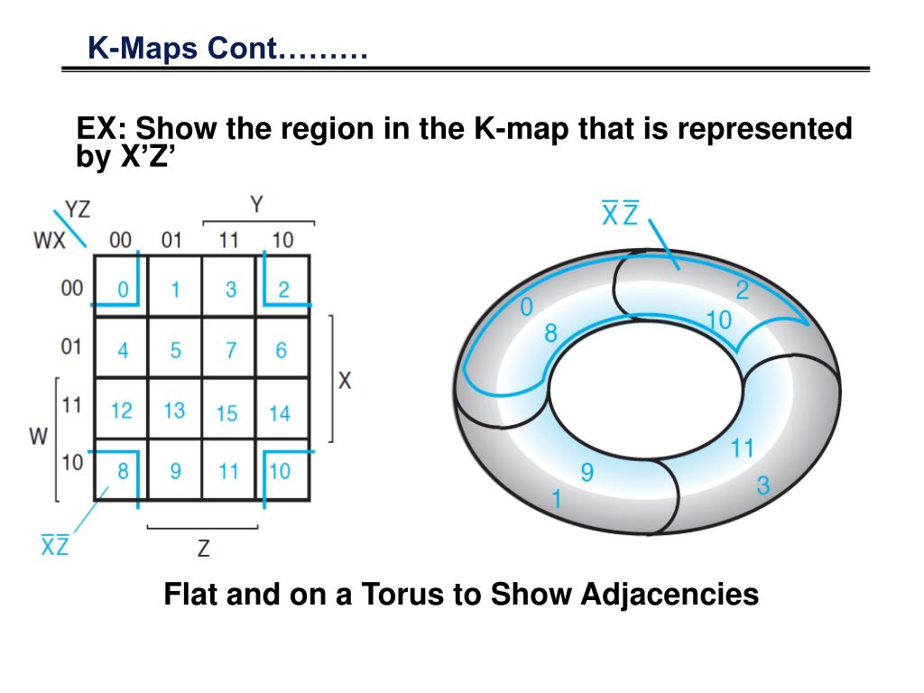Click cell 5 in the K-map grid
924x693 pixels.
[175, 350]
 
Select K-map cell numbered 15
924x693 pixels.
[228, 412]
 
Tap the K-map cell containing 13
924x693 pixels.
[175, 411]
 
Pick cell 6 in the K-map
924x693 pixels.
[282, 350]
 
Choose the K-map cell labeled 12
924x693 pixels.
[122, 411]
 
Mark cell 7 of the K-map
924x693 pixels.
[229, 350]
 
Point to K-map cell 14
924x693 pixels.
[281, 412]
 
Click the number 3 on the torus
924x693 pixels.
[763, 486]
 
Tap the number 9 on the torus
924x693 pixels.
[587, 472]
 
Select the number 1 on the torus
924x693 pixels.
[557, 498]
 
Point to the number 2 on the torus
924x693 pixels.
[743, 291]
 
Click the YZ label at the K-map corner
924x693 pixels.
[78, 209]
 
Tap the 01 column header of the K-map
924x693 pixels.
[171, 240]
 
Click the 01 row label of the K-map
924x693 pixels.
[71, 346]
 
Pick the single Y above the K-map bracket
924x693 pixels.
[257, 205]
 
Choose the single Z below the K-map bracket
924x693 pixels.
[204, 547]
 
